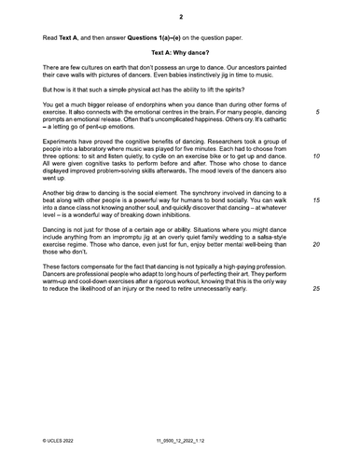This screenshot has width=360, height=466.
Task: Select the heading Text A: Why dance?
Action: [180, 53]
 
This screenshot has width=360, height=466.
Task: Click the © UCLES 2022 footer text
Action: [62, 436]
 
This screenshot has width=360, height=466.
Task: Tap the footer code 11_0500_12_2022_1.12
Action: [180, 436]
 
